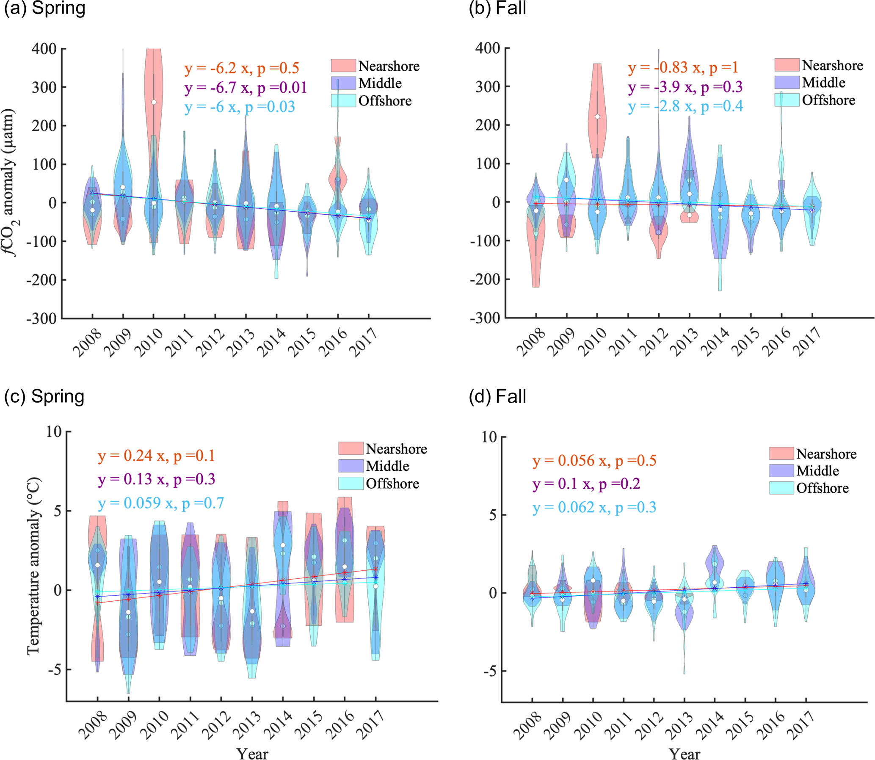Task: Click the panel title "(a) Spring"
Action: coord(44,8)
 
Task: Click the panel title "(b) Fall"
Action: coord(497,8)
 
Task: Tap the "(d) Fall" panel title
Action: coord(497,397)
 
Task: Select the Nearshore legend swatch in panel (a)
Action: coord(343,66)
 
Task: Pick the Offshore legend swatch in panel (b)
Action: coord(787,100)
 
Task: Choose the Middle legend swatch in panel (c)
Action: coord(351,466)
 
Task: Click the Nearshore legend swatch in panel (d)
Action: coord(781,453)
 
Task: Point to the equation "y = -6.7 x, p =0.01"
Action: coord(246,88)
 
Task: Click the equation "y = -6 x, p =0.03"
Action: coord(240,107)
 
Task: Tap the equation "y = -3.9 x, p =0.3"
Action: coord(685,87)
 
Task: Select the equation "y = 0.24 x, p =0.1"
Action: coord(157,456)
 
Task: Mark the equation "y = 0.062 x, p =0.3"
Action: coord(594,507)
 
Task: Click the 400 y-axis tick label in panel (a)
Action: coord(44,49)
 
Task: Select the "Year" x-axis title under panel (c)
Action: coord(252,753)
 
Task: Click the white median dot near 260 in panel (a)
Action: coord(154,102)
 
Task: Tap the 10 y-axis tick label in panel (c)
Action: coord(54,432)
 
